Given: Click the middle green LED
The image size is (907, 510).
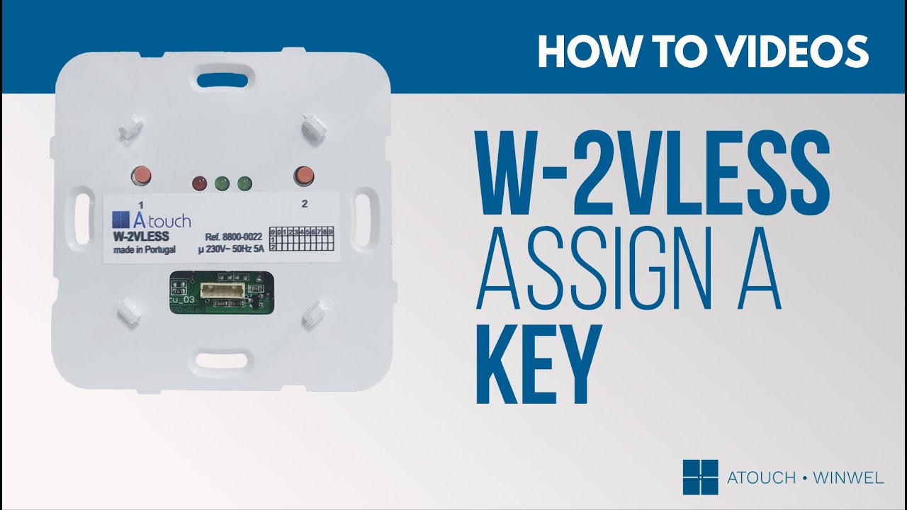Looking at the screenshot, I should point(222,184).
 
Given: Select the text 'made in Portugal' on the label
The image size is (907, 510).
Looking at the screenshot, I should point(139,250).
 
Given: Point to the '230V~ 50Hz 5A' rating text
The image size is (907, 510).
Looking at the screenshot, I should point(232,250).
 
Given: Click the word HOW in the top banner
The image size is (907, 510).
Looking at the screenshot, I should point(581,50).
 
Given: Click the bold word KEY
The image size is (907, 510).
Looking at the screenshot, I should point(539,363).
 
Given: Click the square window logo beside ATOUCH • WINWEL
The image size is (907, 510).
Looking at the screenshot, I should point(700,477).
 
